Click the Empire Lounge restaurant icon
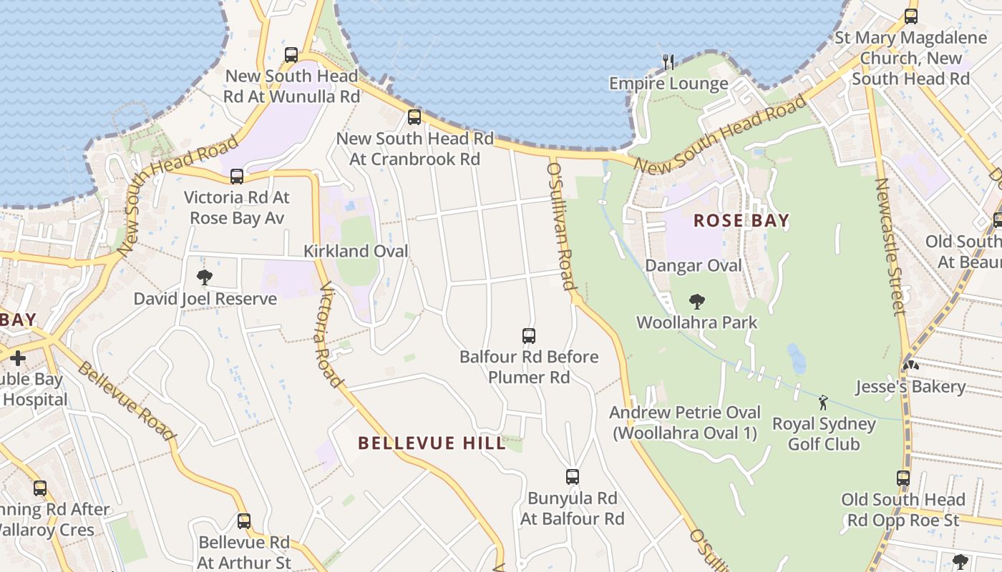[x=668, y=62]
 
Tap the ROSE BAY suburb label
[x=741, y=221]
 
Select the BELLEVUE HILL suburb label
[x=432, y=443]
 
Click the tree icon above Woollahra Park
[x=696, y=302]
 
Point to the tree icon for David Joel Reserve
[x=205, y=277]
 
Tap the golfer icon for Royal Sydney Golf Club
[x=823, y=403]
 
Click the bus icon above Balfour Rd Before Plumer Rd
[x=529, y=335]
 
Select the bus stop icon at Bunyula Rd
[x=572, y=477]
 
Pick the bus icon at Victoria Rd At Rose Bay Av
[x=236, y=176]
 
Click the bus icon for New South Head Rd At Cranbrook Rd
[x=414, y=117]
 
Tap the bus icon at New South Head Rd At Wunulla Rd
[x=291, y=55]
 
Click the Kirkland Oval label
[x=356, y=251]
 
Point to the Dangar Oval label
[x=694, y=266]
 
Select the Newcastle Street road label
[x=890, y=246]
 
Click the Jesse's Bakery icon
[x=910, y=365]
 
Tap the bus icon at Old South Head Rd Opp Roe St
[x=903, y=478]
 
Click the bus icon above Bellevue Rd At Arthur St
[x=244, y=521]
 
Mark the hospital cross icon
[x=18, y=357]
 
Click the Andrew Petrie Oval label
[x=684, y=422]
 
